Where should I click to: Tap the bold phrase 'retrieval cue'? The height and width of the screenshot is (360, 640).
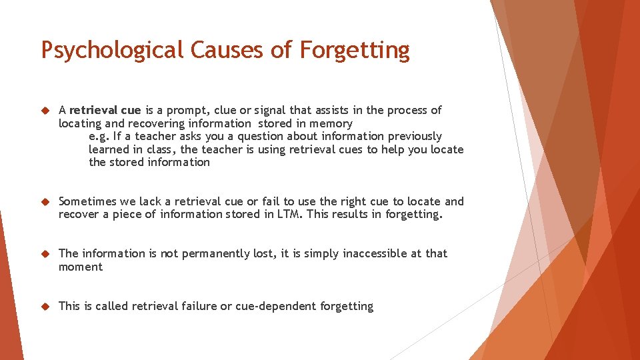click(105, 110)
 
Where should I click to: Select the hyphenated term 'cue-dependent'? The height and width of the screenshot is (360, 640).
click(276, 306)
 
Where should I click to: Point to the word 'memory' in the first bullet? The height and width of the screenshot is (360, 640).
click(331, 123)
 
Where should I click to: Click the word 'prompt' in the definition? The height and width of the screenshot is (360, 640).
click(182, 110)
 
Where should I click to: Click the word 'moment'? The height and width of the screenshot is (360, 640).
click(81, 267)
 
